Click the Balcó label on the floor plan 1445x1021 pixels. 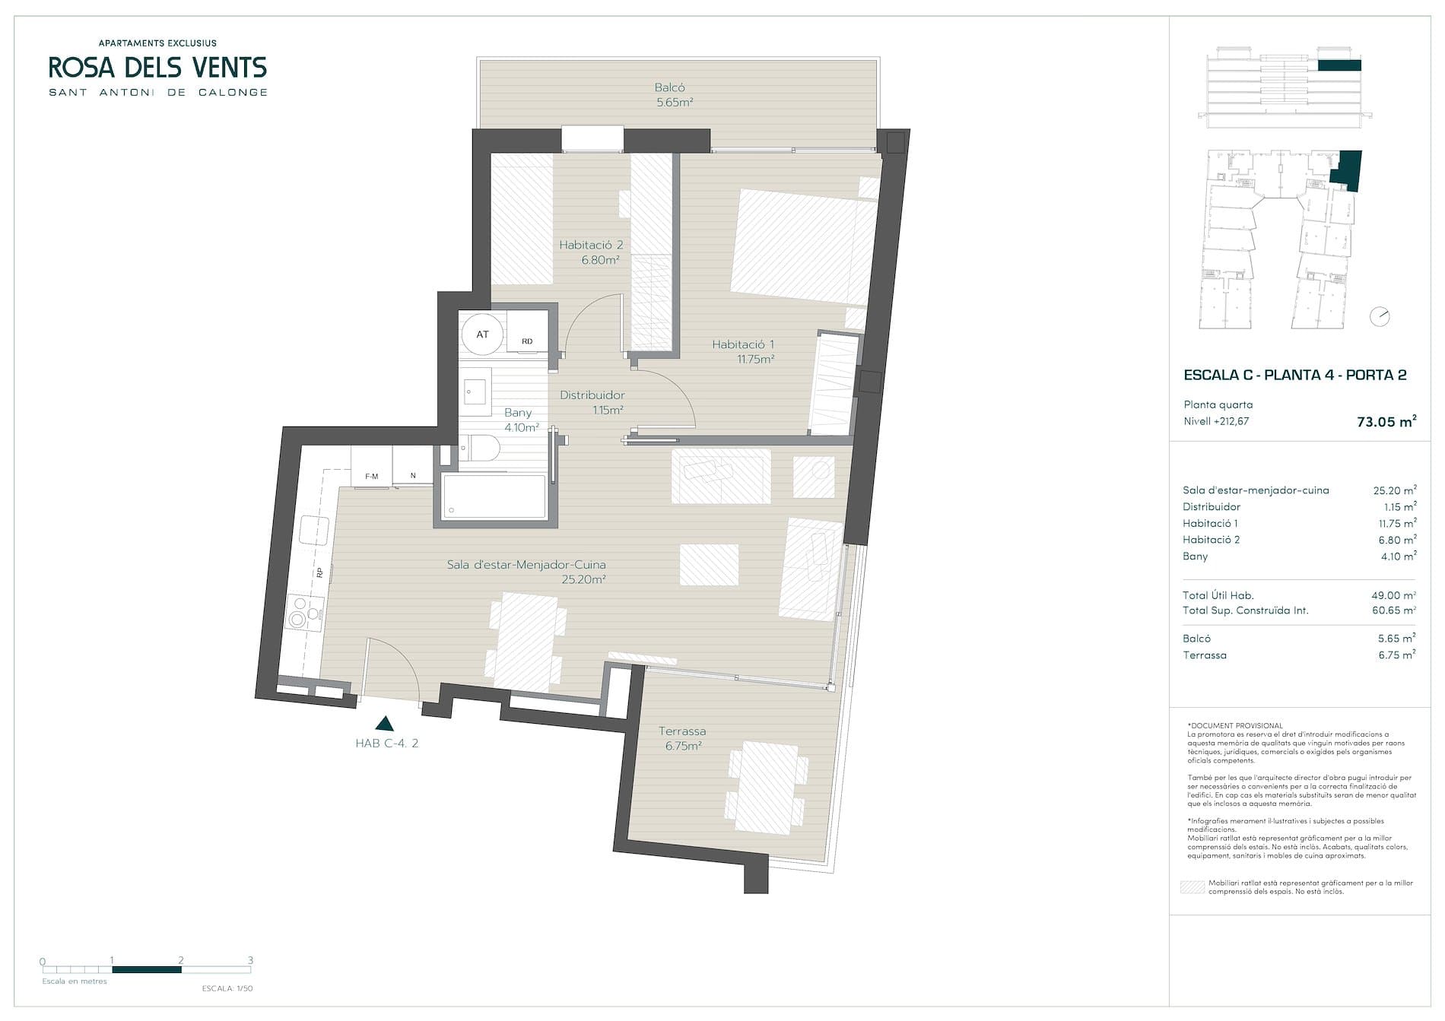pyautogui.click(x=669, y=87)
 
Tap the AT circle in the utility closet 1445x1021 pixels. pyautogui.click(x=483, y=334)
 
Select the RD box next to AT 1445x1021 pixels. pyautogui.click(x=527, y=341)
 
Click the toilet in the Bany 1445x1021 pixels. pyautogui.click(x=478, y=449)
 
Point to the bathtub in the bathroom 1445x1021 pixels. pyautogui.click(x=495, y=496)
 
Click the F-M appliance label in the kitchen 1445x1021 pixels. pyautogui.click(x=372, y=477)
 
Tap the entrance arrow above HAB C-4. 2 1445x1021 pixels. pyautogui.click(x=386, y=723)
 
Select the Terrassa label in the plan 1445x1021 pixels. pyautogui.click(x=682, y=731)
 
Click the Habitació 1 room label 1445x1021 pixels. pyautogui.click(x=743, y=345)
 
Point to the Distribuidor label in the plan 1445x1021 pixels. pyautogui.click(x=592, y=395)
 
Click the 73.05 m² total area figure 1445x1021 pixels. pyautogui.click(x=1386, y=421)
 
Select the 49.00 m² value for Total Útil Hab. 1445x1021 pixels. pyautogui.click(x=1393, y=596)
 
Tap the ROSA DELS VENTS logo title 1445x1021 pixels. pyautogui.click(x=158, y=68)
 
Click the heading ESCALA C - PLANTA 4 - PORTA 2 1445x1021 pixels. pyautogui.click(x=1295, y=375)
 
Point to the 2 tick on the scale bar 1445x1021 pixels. pyautogui.click(x=181, y=960)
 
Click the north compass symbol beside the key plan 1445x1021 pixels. pyautogui.click(x=1380, y=316)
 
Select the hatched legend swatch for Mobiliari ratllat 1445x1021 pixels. pyautogui.click(x=1192, y=886)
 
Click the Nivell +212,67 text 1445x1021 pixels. pyautogui.click(x=1216, y=421)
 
